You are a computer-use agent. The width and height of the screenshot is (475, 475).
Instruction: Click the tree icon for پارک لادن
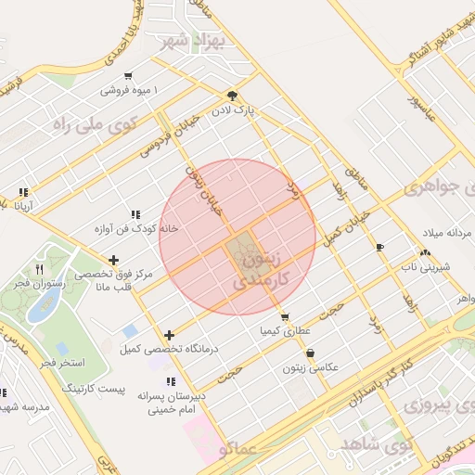[231, 95]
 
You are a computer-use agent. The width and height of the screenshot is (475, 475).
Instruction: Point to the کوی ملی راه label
[96, 121]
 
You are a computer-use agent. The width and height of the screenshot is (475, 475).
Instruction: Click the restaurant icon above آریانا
[22, 193]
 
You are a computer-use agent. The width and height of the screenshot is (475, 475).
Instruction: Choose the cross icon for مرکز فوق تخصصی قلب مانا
[113, 261]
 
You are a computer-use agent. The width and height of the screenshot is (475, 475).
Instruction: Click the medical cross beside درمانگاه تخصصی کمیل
[169, 335]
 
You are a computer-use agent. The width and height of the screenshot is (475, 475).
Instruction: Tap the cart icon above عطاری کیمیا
[284, 316]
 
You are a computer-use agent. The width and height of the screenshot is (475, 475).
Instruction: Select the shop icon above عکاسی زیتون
[310, 353]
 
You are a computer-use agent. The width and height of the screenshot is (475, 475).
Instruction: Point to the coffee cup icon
[379, 246]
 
